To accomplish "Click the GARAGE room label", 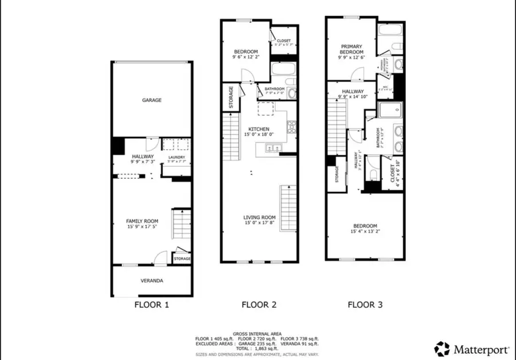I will [152, 100].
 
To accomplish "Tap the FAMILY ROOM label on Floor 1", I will [142, 221].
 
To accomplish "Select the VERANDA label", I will [152, 281].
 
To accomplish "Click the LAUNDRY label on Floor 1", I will [176, 157].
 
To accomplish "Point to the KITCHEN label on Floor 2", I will [259, 128].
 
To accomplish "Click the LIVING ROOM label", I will [259, 218].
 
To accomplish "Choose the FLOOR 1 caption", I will [151, 305].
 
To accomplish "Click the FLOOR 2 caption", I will [259, 305].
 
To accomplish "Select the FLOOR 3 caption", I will [365, 305].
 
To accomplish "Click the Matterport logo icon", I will [442, 349].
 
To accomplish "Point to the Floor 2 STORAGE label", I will [230, 97].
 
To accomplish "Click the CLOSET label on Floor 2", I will [284, 41].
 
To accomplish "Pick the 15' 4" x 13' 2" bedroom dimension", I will [365, 232].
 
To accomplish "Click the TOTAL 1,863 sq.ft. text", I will [256, 348].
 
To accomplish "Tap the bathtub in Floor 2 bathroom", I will [283, 71].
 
